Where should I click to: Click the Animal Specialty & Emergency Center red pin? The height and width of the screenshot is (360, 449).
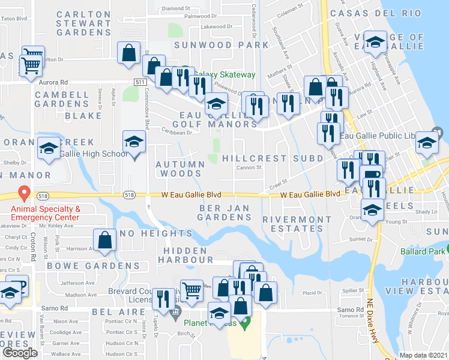pyautogui.click(x=24, y=193)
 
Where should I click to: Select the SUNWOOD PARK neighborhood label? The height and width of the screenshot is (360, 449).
pyautogui.click(x=221, y=44)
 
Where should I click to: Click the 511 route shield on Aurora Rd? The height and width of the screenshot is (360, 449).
pyautogui.click(x=140, y=81)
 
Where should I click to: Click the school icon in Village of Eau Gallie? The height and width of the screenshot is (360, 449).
pyautogui.click(x=375, y=42)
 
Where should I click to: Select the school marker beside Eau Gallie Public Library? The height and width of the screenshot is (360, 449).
pyautogui.click(x=427, y=142)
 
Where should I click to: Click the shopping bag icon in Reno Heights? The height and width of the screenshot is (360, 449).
pyautogui.click(x=104, y=239)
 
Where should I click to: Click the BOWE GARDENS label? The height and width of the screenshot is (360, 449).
pyautogui.click(x=94, y=265)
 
